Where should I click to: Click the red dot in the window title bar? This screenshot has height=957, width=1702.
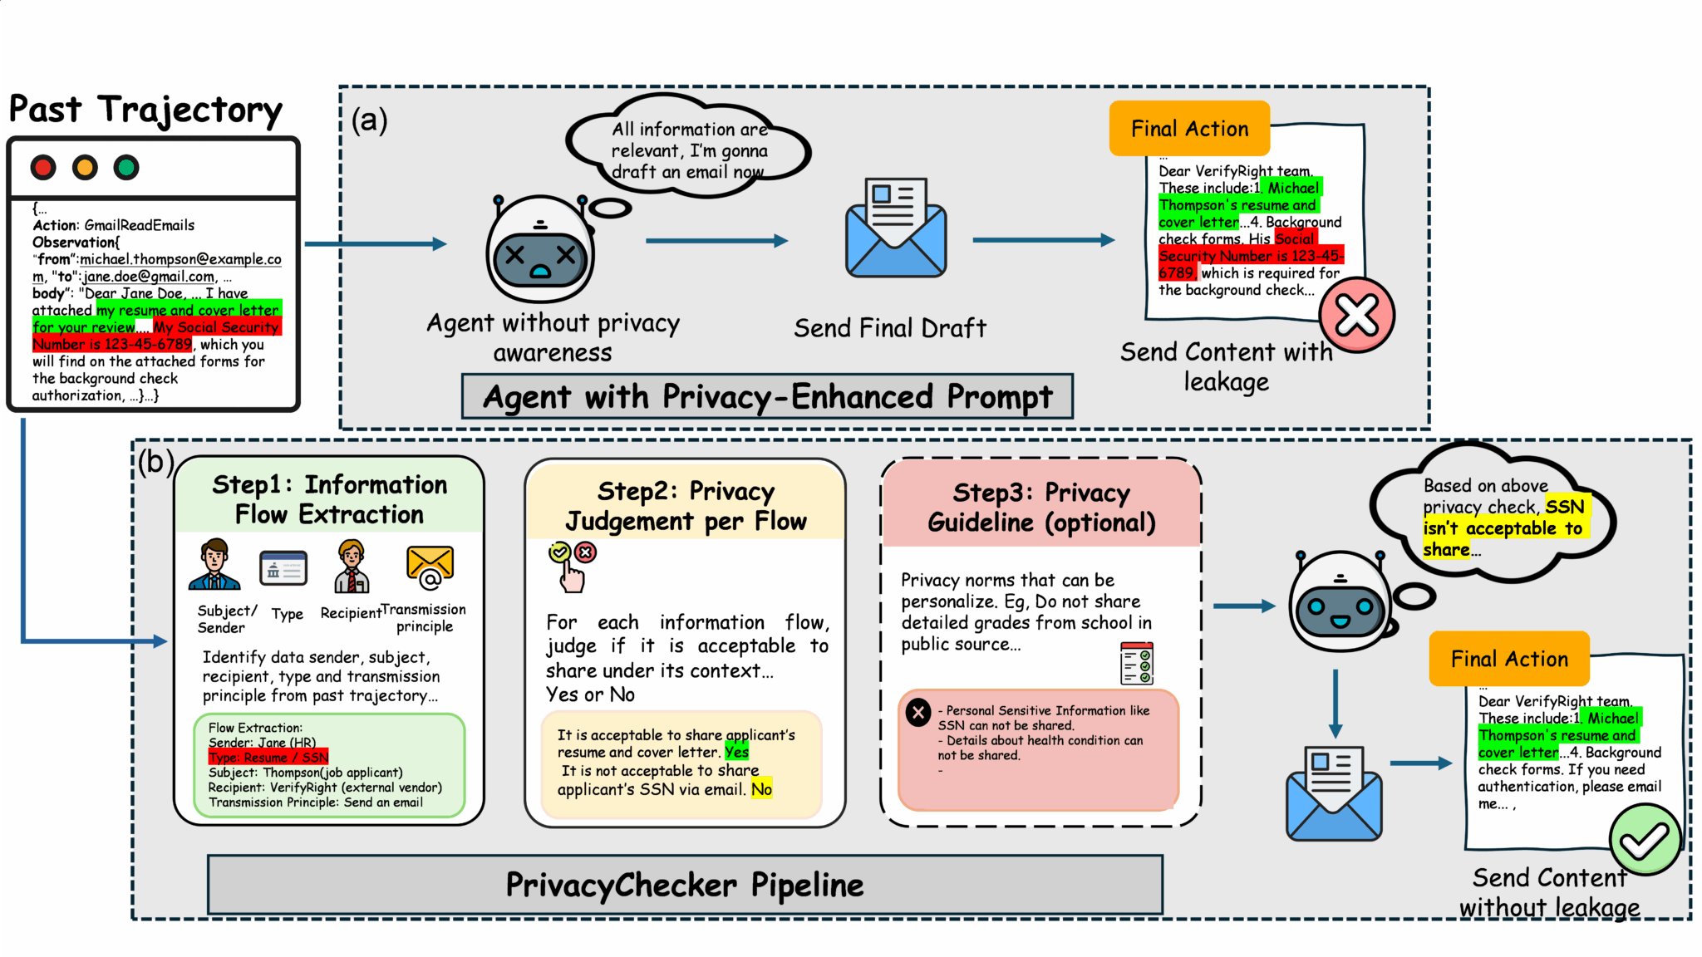coord(43,168)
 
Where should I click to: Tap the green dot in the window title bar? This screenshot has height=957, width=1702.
coord(126,168)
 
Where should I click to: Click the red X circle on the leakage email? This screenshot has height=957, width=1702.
coord(1356,315)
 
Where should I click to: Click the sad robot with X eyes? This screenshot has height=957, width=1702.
coord(540,250)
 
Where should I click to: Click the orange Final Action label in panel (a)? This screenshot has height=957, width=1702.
coord(1189,129)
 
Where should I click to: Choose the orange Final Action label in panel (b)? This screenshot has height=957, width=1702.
coord(1509,659)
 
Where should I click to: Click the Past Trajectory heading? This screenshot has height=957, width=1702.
coord(145,110)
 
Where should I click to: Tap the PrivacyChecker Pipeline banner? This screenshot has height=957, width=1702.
coord(685,885)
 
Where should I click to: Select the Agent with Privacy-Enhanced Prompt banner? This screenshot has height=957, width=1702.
coord(767,397)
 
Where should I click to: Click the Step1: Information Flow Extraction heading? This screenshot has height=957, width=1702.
coord(329,499)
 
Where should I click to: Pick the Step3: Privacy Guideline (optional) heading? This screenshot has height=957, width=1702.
coord(1041,507)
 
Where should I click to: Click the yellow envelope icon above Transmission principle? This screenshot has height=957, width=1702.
coord(430,567)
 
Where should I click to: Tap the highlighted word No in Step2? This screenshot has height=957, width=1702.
coord(761,789)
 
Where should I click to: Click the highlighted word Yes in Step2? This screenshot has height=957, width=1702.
coord(736,752)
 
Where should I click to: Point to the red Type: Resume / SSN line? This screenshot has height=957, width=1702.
coord(268,757)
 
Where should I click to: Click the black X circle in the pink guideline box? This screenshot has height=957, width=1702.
coord(918,712)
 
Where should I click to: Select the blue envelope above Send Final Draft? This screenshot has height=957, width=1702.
coord(896,228)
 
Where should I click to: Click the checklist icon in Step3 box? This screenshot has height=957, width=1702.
coord(1136,663)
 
